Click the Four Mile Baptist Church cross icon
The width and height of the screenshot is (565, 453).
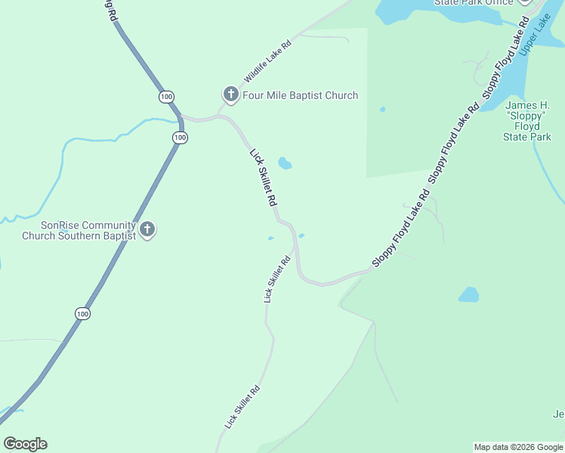point(230,94)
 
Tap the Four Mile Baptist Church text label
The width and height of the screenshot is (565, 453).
point(300,96)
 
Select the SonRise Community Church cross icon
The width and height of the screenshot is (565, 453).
point(147,230)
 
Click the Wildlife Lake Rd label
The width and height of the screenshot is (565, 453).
point(267,61)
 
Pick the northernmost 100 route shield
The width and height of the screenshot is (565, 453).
point(167,97)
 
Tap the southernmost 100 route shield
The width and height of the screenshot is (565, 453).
point(83,313)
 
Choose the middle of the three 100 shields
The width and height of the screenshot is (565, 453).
point(180,137)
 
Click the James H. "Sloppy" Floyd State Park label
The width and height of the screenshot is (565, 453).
point(527,121)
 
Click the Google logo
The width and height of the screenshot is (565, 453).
point(25,444)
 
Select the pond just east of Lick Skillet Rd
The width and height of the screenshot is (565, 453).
point(285,163)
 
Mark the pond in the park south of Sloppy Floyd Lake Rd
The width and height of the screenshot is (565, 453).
point(469,294)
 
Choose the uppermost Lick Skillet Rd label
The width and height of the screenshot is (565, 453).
point(264,178)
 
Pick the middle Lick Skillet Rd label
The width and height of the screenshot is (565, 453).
point(277,279)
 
